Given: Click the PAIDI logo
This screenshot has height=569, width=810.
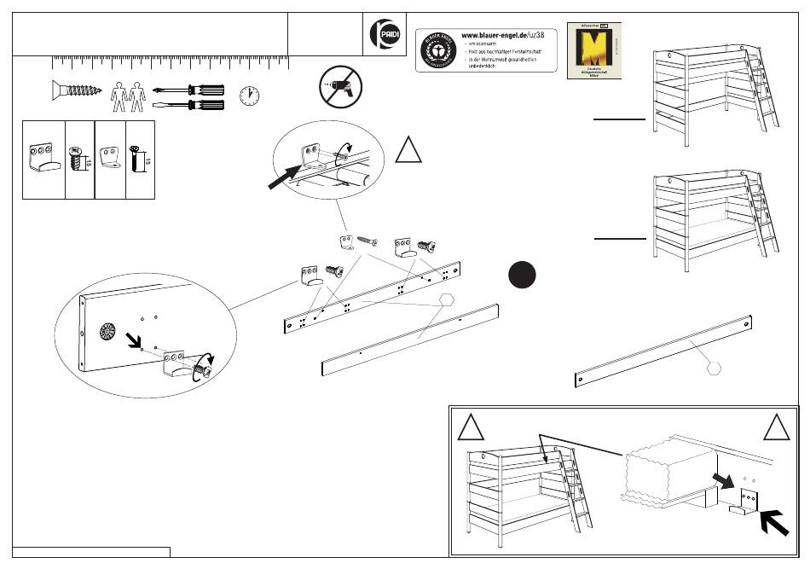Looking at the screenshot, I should pyautogui.click(x=383, y=37).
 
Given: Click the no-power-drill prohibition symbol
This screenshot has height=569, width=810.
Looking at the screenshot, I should pyautogui.click(x=341, y=87).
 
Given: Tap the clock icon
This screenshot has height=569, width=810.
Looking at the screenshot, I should pyautogui.click(x=249, y=96).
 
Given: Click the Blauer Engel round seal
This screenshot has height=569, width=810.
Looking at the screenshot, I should pyautogui.click(x=437, y=49).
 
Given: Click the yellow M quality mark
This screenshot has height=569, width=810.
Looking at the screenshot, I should pyautogui.click(x=594, y=51).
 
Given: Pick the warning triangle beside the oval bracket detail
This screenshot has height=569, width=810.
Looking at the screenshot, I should pyautogui.click(x=409, y=150).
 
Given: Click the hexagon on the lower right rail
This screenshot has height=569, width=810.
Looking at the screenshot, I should pyautogui.click(x=715, y=367).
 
